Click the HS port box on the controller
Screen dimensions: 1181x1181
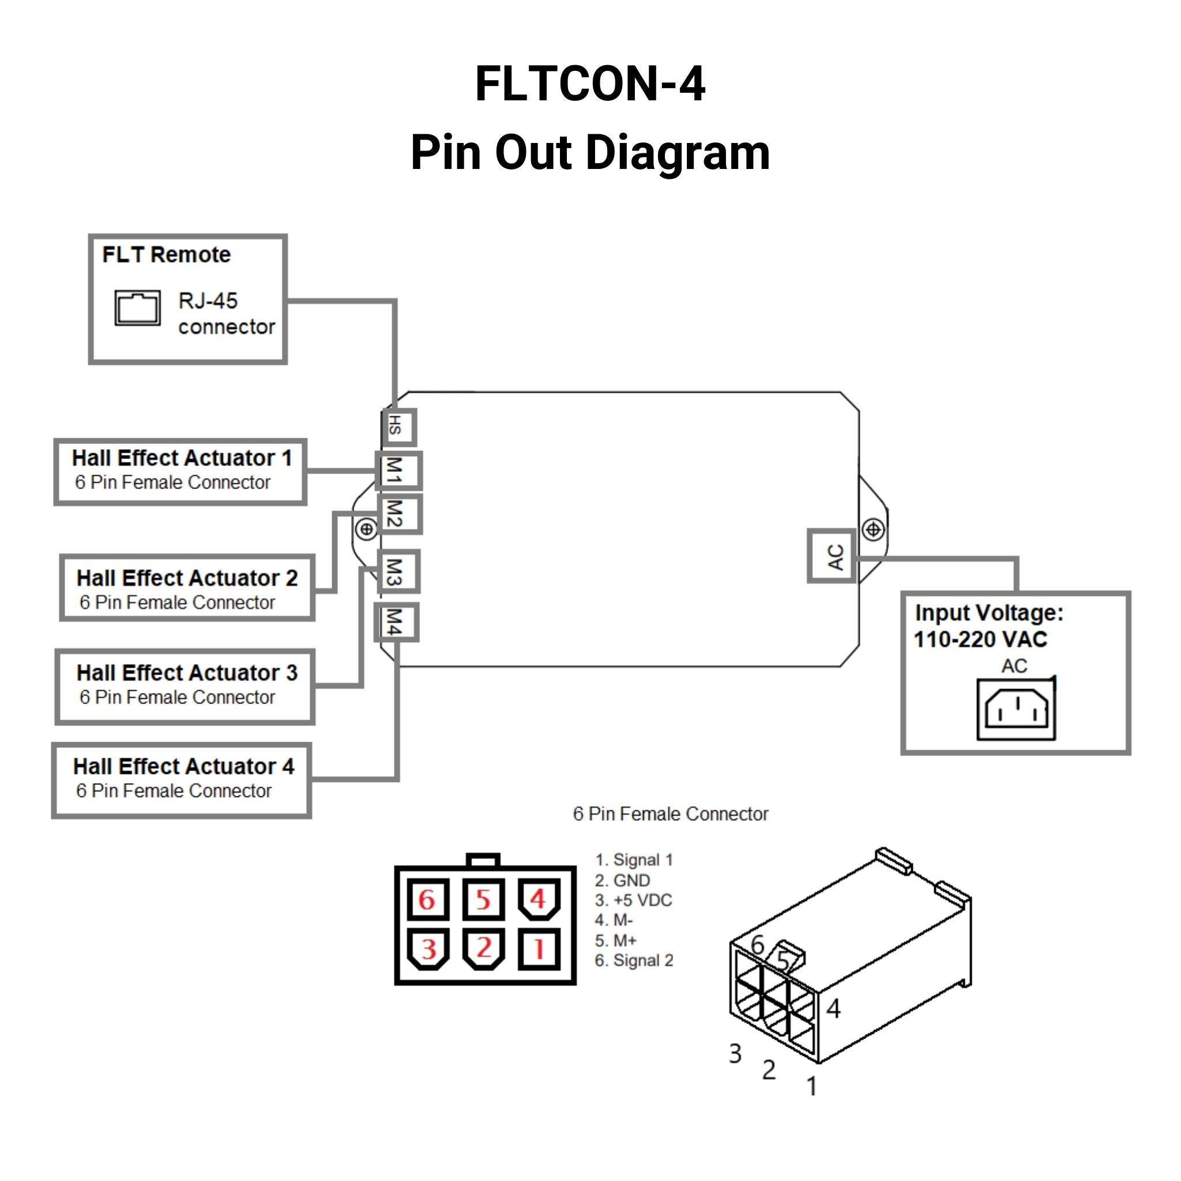click(398, 427)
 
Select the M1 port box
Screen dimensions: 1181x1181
click(398, 470)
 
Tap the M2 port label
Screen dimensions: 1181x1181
click(398, 513)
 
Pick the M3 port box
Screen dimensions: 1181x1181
click(398, 571)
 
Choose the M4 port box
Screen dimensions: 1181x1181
click(396, 622)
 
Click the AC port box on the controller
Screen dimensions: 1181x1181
click(832, 556)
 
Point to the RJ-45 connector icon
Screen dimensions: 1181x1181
click(138, 307)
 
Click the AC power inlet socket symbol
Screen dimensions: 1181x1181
click(1016, 709)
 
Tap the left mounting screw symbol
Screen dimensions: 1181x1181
click(366, 529)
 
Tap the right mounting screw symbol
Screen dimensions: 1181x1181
click(873, 529)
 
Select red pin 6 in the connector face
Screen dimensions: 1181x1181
click(427, 899)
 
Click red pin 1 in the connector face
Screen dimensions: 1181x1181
click(539, 949)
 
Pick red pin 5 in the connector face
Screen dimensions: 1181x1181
click(483, 899)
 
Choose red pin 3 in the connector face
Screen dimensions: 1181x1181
click(428, 949)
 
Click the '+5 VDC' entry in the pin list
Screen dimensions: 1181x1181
click(633, 900)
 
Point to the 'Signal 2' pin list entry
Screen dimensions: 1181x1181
click(634, 960)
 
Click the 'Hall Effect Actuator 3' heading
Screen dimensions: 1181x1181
click(186, 672)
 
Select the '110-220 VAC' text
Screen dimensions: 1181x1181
click(980, 640)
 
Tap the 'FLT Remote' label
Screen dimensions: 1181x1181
click(166, 254)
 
